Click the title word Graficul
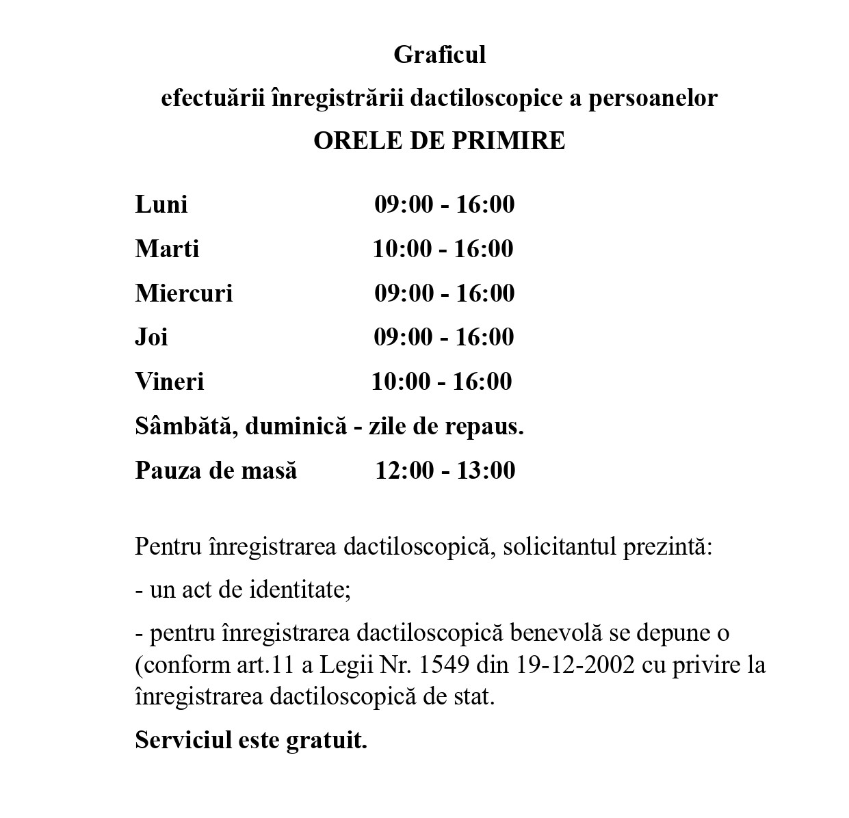pyautogui.click(x=439, y=55)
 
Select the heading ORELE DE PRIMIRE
pyautogui.click(x=439, y=141)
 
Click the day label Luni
pyautogui.click(x=161, y=204)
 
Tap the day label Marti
pyautogui.click(x=167, y=248)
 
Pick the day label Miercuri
pyautogui.click(x=184, y=293)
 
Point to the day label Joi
pyautogui.click(x=151, y=337)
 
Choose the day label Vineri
pyautogui.click(x=169, y=382)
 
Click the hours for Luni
pyautogui.click(x=444, y=204)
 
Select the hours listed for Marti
pyautogui.click(x=443, y=248)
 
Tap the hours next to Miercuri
pyautogui.click(x=444, y=293)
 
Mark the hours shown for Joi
pyautogui.click(x=443, y=337)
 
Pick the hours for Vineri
pyautogui.click(x=441, y=382)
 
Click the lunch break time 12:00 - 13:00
pyautogui.click(x=445, y=471)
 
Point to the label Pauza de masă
pyautogui.click(x=216, y=471)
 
